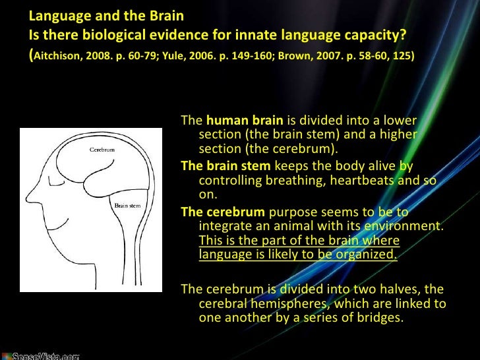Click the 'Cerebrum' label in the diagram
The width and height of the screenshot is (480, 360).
(x=102, y=150)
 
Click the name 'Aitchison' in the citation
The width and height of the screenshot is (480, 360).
(x=60, y=56)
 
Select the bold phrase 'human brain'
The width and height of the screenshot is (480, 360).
(x=245, y=121)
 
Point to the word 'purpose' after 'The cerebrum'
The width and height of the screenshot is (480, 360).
(x=289, y=212)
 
